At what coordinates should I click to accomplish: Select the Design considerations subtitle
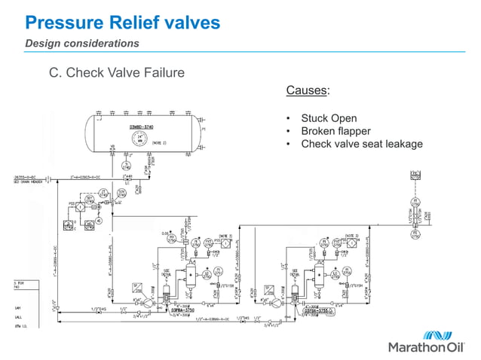[x=82, y=44]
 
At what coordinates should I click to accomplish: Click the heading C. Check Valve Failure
[x=116, y=73]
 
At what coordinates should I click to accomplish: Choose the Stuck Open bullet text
[x=329, y=118]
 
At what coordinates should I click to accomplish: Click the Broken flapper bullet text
[x=335, y=131]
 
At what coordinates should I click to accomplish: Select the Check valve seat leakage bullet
[x=362, y=144]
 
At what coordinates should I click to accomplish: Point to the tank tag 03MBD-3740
[x=141, y=127]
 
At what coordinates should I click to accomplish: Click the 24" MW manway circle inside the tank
[x=140, y=138]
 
